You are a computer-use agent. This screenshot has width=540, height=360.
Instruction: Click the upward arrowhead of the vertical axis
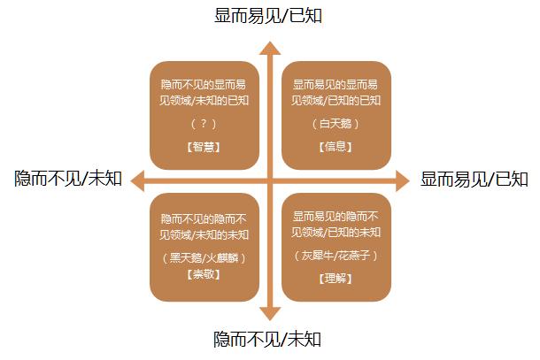click(270, 48)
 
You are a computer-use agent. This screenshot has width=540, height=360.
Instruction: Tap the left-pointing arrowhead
click(137, 180)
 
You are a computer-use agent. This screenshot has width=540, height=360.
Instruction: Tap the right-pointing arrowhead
click(403, 180)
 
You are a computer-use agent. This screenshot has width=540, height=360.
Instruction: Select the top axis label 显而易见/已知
click(268, 16)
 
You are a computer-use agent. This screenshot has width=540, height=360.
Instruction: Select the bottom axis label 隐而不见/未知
click(267, 339)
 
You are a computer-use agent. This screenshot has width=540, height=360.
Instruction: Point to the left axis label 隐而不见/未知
click(68, 179)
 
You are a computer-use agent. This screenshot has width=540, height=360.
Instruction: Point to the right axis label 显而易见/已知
click(474, 180)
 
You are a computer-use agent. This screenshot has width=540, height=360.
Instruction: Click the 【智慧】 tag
click(204, 147)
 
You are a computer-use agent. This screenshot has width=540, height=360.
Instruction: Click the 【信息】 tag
click(336, 147)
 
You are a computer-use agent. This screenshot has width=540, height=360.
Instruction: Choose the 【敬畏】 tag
click(204, 274)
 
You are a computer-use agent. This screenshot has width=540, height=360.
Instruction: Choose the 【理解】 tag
click(336, 279)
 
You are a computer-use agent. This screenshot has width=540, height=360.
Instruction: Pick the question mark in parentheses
click(204, 123)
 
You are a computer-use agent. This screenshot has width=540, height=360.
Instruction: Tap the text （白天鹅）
click(336, 124)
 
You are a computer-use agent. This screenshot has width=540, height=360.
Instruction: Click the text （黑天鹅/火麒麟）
click(204, 257)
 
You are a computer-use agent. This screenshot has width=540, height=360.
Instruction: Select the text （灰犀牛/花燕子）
click(336, 255)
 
